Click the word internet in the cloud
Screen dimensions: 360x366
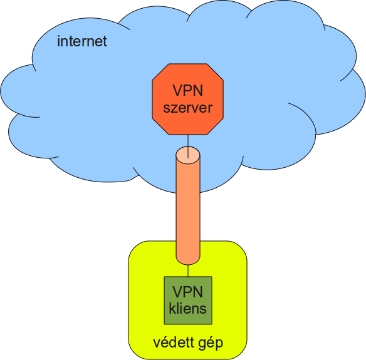coord(82,42)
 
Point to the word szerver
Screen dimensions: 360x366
coord(188,108)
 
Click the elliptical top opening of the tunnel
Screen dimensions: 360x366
coord(188,153)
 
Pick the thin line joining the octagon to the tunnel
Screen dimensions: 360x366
coord(188,141)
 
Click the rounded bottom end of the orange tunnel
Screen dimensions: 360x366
coord(188,258)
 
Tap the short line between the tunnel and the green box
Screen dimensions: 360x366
coord(188,270)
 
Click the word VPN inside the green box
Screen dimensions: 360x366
coord(188,292)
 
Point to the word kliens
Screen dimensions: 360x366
coord(188,309)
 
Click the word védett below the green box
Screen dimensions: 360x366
coord(171,344)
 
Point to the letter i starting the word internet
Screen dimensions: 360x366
coord(58,41)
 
